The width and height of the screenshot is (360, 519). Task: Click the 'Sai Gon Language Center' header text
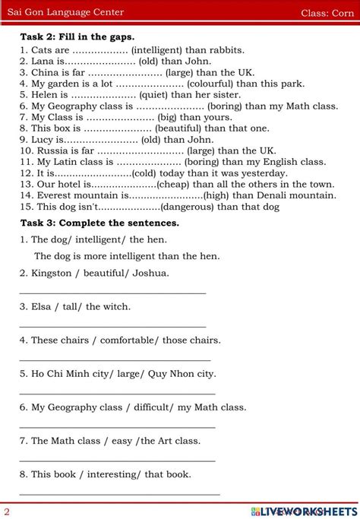(x=66, y=12)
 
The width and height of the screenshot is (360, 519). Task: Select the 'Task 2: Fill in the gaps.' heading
(x=77, y=36)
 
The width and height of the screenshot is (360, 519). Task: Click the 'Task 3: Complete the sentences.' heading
(x=99, y=223)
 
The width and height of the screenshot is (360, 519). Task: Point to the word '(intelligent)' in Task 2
(x=163, y=50)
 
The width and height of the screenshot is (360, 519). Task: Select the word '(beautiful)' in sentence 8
(x=172, y=128)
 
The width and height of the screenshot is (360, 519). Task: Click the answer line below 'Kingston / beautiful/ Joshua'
(x=112, y=292)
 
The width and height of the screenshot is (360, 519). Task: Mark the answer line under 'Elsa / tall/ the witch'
(x=112, y=325)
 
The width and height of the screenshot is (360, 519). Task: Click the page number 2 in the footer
(x=7, y=511)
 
